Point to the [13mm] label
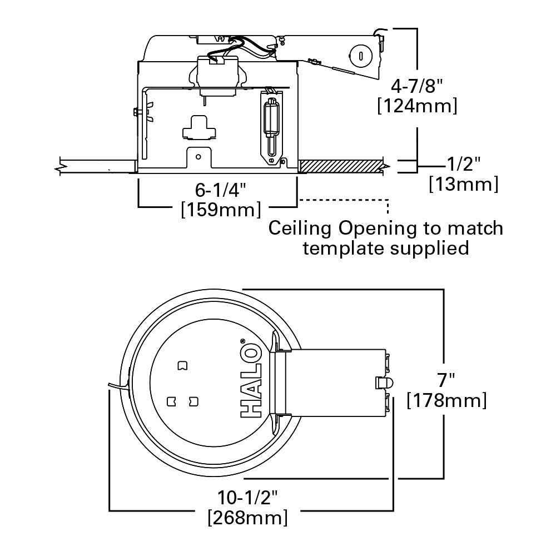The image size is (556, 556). pos(463,183)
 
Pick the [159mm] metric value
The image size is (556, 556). pos(221,210)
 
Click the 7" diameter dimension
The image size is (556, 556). pos(446,380)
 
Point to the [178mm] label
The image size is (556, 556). pos(447,400)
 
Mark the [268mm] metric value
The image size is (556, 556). pos(247,518)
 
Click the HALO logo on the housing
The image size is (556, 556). pos(251,378)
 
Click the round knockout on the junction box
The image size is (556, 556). pos(360,56)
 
